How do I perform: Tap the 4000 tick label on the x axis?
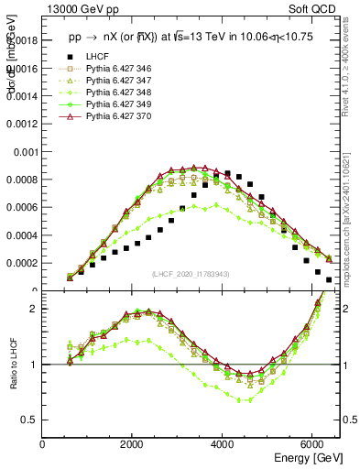(224, 444)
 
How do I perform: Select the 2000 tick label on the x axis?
(134, 444)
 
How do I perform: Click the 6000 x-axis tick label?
(313, 444)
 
